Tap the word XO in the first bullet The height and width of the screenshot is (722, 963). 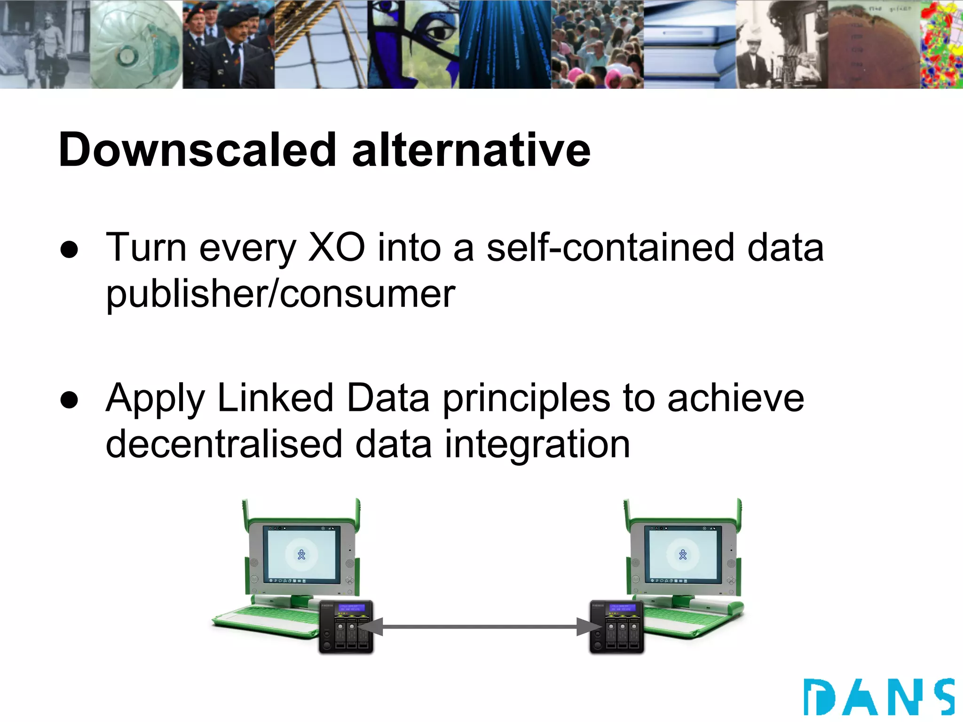pyautogui.click(x=336, y=248)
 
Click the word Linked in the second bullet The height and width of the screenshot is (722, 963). pyautogui.click(x=276, y=398)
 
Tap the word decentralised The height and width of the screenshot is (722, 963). pyautogui.click(x=224, y=444)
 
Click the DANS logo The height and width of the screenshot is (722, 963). pyautogui.click(x=878, y=697)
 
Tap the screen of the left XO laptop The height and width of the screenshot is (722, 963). pyautogui.click(x=301, y=555)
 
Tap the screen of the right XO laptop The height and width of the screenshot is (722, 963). pyautogui.click(x=683, y=555)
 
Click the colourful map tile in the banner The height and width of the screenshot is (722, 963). pyautogui.click(x=941, y=44)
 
